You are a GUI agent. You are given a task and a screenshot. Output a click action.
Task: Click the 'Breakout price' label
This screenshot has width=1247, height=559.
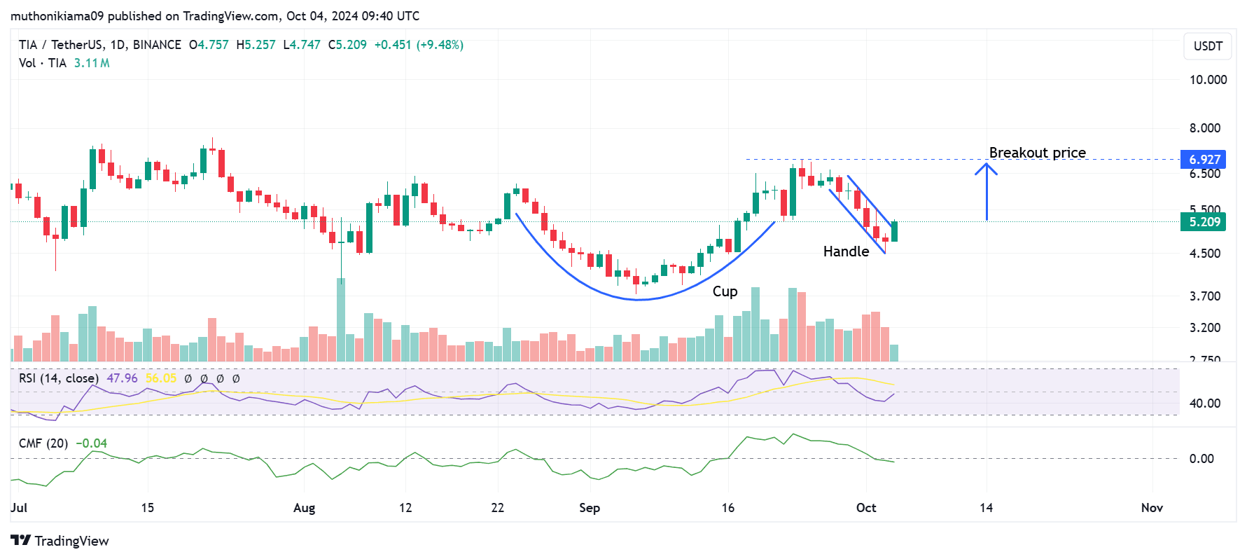click(x=1037, y=153)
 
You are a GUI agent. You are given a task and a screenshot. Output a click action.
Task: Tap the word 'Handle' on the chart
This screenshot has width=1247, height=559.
click(x=846, y=251)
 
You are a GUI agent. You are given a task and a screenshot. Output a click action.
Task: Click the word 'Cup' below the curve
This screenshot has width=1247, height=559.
click(x=725, y=291)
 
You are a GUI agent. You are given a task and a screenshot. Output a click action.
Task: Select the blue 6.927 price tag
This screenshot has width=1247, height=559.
click(x=1204, y=160)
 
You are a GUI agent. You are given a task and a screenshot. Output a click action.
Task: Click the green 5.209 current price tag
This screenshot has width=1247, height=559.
click(x=1204, y=222)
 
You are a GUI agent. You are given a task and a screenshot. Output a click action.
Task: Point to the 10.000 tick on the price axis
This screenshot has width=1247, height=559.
click(x=1208, y=80)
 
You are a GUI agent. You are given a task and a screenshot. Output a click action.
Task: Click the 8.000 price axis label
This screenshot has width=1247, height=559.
click(x=1204, y=128)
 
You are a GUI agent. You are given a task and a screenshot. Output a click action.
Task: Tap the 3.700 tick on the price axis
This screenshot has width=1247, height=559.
click(x=1204, y=296)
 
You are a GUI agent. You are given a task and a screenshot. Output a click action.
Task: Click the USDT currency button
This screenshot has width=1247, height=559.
click(x=1208, y=46)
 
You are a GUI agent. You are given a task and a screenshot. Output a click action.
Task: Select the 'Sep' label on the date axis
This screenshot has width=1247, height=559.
click(x=590, y=508)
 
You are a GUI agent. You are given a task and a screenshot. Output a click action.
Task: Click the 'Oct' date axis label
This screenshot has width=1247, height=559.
click(x=866, y=508)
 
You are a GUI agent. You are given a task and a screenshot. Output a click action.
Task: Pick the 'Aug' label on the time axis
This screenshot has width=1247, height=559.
click(x=304, y=508)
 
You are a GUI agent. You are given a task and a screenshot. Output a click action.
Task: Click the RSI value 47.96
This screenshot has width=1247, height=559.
click(x=122, y=378)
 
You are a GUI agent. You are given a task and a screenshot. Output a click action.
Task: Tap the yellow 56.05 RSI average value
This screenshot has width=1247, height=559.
click(x=161, y=378)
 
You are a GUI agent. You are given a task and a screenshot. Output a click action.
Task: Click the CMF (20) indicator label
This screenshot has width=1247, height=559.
click(x=43, y=443)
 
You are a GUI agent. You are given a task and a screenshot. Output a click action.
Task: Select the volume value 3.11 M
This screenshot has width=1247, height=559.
click(x=92, y=63)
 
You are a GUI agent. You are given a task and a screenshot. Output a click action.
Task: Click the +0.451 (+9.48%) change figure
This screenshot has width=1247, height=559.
click(x=419, y=45)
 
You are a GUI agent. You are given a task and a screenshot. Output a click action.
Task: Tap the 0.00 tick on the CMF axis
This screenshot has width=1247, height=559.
click(x=1201, y=459)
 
